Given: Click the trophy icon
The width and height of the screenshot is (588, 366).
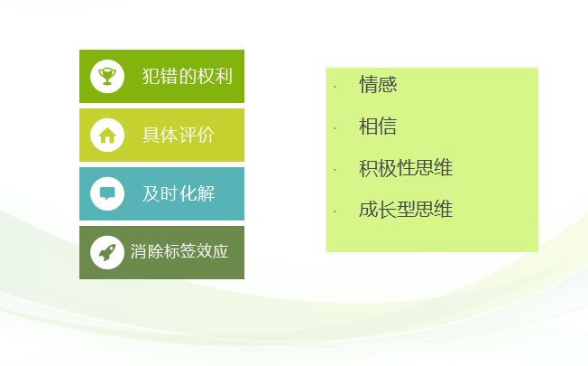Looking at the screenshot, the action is (x=107, y=76).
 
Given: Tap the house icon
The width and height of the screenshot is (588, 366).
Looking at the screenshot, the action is (x=107, y=136).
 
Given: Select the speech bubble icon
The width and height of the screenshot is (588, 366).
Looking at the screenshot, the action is (x=107, y=194).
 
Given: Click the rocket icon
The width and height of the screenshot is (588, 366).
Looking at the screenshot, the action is (x=107, y=252).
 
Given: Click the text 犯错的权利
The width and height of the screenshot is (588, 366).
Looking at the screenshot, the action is (x=188, y=76).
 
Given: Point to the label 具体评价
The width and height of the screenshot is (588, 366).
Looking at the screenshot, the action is (x=179, y=135).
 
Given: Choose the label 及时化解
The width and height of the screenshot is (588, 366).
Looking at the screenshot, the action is (x=179, y=194).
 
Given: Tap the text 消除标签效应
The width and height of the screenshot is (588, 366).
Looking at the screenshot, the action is (x=179, y=251).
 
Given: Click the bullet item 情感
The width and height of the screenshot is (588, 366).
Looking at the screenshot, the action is (x=378, y=84).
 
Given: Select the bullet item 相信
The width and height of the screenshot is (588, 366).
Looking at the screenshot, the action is (x=378, y=126).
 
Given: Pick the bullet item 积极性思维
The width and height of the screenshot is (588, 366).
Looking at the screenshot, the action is (x=406, y=167).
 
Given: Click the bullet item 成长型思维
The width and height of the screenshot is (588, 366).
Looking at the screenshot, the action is (x=406, y=210).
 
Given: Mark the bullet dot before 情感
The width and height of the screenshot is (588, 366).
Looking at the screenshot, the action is (x=335, y=87).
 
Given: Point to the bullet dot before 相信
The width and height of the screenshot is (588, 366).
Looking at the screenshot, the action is (x=335, y=128).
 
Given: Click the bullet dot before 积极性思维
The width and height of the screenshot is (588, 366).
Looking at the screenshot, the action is (x=335, y=170).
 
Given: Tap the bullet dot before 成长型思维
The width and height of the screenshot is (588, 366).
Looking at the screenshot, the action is (x=335, y=212).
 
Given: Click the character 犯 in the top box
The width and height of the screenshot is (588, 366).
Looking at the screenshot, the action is (x=152, y=76).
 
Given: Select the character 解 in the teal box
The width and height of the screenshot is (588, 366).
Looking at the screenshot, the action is (x=206, y=194).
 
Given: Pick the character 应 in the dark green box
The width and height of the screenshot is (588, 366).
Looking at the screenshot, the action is (x=220, y=251).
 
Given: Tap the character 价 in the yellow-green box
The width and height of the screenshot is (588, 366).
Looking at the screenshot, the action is (x=206, y=135).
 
